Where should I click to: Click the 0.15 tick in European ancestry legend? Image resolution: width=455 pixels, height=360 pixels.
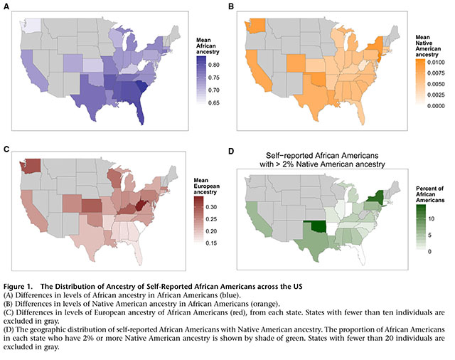click(x=211, y=244)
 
